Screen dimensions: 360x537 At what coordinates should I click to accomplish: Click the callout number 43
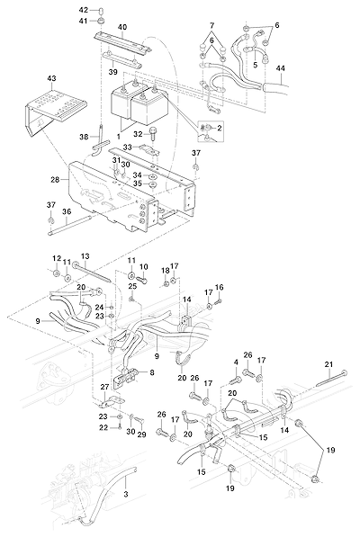pyautogui.click(x=51, y=78)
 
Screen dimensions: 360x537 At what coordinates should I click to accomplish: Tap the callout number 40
pyautogui.click(x=122, y=27)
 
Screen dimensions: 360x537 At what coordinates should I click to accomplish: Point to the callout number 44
pyautogui.click(x=280, y=68)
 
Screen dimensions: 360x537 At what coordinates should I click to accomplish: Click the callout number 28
pyautogui.click(x=55, y=180)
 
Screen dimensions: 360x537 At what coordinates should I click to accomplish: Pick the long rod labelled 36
pyautogui.click(x=70, y=228)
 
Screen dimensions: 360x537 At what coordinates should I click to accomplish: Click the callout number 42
pyautogui.click(x=84, y=10)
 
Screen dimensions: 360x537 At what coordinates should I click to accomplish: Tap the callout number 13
pyautogui.click(x=85, y=256)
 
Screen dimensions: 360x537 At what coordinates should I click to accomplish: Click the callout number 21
pyautogui.click(x=328, y=364)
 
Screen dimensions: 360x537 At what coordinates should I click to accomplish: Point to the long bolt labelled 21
pyautogui.click(x=331, y=378)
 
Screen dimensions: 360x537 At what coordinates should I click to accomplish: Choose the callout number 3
pyautogui.click(x=126, y=494)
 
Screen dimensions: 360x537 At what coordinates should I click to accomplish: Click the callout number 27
pyautogui.click(x=104, y=387)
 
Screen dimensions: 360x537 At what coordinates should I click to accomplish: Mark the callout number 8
pyautogui.click(x=152, y=371)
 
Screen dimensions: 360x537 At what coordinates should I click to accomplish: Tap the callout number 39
pyautogui.click(x=112, y=72)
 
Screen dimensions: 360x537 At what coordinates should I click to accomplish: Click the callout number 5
pyautogui.click(x=256, y=65)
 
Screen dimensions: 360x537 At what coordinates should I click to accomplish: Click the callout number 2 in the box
pyautogui.click(x=220, y=128)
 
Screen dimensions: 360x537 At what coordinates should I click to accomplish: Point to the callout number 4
pyautogui.click(x=236, y=362)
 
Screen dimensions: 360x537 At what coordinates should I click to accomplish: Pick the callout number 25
pyautogui.click(x=132, y=286)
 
